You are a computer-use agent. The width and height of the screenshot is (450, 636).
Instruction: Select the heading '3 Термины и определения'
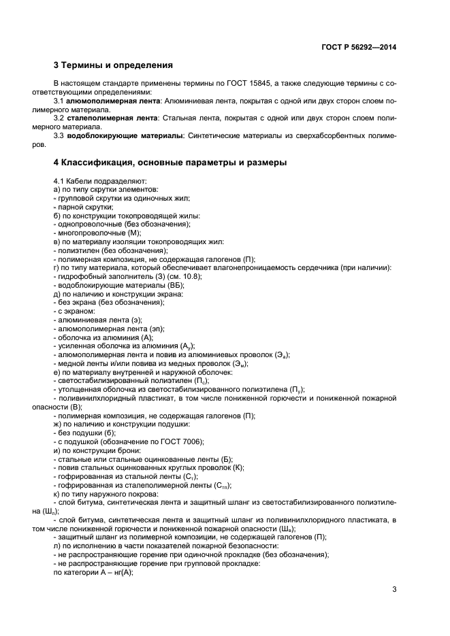[x=112, y=66]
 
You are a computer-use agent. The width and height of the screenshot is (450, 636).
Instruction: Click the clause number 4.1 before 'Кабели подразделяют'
[x=59, y=180]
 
